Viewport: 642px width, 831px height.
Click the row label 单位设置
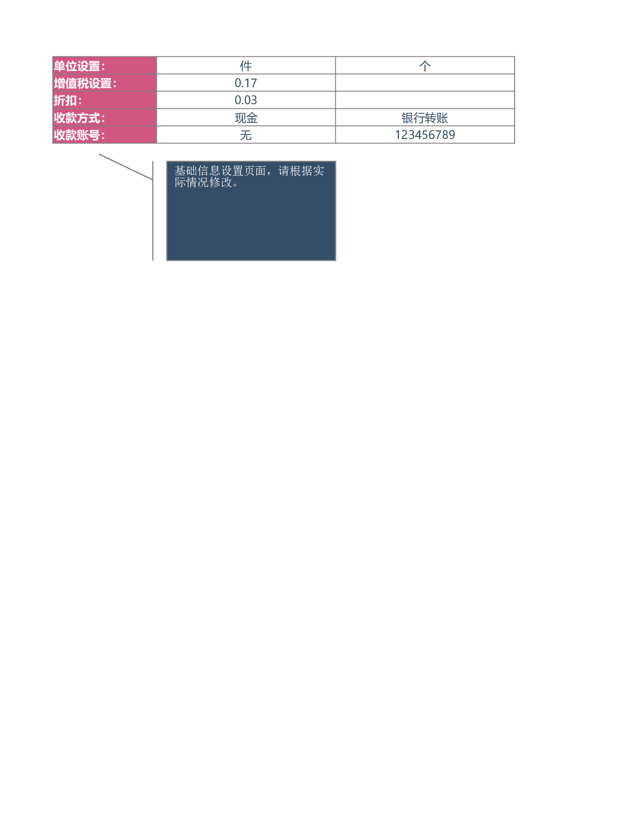tap(79, 66)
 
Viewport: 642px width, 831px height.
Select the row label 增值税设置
tap(85, 84)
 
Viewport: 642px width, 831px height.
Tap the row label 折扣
tap(67, 101)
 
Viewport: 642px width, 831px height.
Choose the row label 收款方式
tap(79, 118)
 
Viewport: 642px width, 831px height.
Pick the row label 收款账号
tap(79, 135)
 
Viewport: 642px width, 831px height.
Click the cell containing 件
tap(246, 66)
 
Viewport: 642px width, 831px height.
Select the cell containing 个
tap(425, 66)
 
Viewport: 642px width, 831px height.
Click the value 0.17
tap(246, 83)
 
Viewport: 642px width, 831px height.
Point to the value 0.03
tap(246, 100)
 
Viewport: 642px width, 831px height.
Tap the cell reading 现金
tap(246, 117)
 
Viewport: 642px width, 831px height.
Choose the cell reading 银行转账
tap(425, 117)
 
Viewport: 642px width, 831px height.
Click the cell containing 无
tap(246, 135)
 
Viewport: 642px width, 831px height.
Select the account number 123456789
tap(425, 135)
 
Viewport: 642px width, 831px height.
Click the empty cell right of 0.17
tap(425, 83)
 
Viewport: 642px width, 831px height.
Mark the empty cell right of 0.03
tap(425, 100)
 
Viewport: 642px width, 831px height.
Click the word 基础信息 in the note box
tap(197, 171)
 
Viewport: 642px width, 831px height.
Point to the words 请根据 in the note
tap(295, 171)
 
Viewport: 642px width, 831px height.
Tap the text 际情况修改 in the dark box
tap(203, 182)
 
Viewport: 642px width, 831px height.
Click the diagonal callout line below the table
tap(126, 167)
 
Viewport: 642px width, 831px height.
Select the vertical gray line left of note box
tap(153, 211)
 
